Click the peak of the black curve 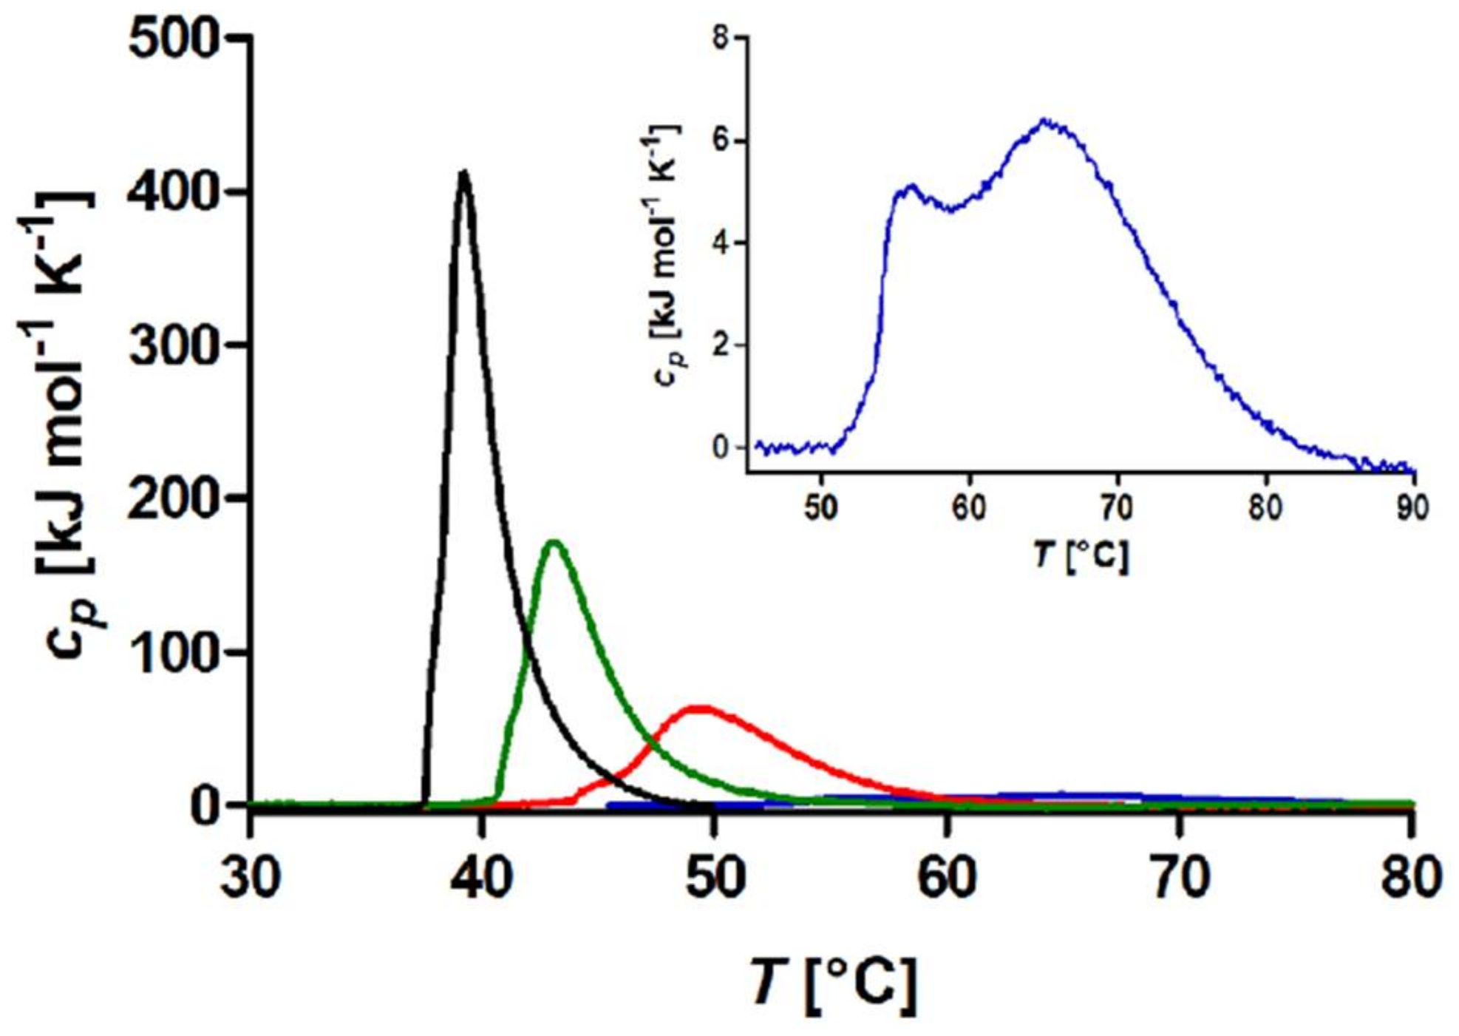(463, 172)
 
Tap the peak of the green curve (554, 543)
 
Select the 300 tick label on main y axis (174, 345)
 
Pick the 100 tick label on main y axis (174, 652)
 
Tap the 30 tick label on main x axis (251, 878)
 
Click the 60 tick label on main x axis (947, 878)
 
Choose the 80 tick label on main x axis (1411, 878)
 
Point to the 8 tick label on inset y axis (720, 38)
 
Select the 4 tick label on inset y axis (720, 243)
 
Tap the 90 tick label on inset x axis (1412, 509)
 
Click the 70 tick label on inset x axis (1117, 509)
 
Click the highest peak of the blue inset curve (1044, 120)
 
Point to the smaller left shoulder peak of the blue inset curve (911, 186)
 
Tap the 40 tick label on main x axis (483, 878)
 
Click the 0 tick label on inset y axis (720, 447)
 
